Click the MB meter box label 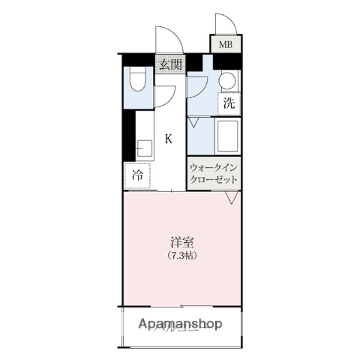(x=225, y=45)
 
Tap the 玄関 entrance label (x=169, y=64)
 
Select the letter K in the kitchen (x=169, y=139)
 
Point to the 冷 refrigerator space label (x=138, y=175)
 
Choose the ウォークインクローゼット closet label (x=214, y=173)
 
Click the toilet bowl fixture (x=137, y=80)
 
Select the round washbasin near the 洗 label (x=227, y=81)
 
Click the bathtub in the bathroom (x=226, y=137)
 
